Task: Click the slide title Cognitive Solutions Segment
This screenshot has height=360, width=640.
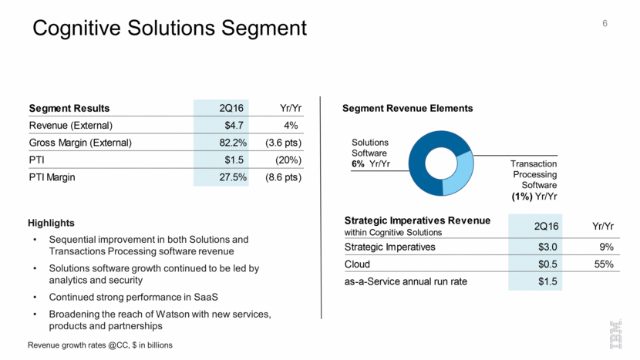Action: click(170, 29)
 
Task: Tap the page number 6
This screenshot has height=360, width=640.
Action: click(605, 23)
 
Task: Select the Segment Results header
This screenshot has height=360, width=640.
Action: click(69, 108)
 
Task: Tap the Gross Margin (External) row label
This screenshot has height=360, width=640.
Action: click(81, 143)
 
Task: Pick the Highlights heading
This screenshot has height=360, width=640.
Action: click(52, 223)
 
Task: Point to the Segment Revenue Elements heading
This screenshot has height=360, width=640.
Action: click(407, 108)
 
